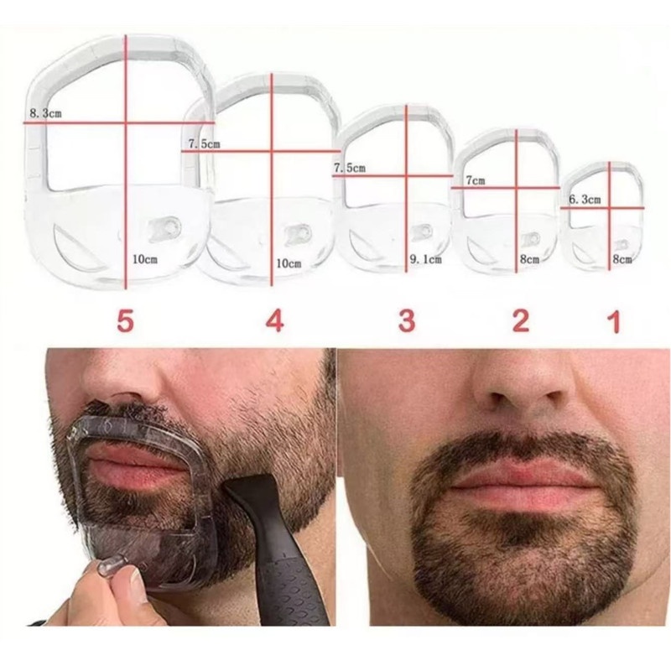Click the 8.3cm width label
[45, 113]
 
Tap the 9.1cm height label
[425, 259]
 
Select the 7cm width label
[476, 180]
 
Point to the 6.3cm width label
[585, 200]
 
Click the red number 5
[125, 321]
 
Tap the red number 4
[275, 321]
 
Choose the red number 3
[407, 321]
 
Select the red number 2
[521, 321]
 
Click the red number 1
[615, 322]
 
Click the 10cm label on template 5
[145, 259]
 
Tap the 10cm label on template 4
[289, 263]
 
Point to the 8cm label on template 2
[529, 259]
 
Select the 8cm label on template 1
[622, 259]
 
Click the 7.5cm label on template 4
[204, 143]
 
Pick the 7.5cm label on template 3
[350, 168]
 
